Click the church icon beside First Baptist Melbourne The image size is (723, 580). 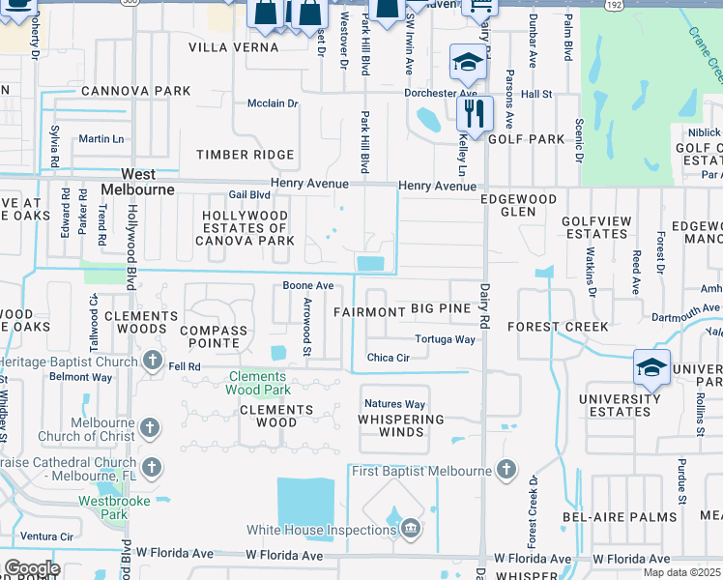coord(506,471)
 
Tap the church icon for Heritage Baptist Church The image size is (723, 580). coord(152,361)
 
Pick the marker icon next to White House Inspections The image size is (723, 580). coord(411,529)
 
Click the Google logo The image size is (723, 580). coord(31,568)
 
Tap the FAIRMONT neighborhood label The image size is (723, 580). coord(368,312)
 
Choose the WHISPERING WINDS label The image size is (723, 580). coord(400,426)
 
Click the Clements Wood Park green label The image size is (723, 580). coord(257,383)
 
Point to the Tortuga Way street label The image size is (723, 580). coord(445,339)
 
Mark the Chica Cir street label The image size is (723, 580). coord(390,358)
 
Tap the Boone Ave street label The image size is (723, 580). coord(307,286)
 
